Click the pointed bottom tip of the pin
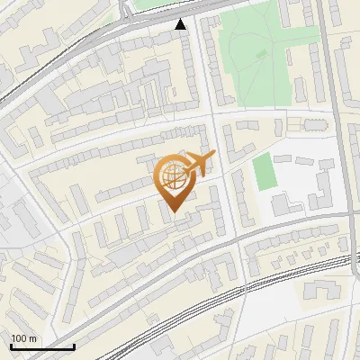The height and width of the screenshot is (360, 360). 173,212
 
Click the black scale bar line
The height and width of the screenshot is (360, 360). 41,346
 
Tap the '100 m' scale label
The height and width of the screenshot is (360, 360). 23,338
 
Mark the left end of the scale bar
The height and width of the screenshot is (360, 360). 10,346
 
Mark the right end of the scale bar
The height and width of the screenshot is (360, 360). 74,346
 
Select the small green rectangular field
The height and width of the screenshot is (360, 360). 262,172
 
